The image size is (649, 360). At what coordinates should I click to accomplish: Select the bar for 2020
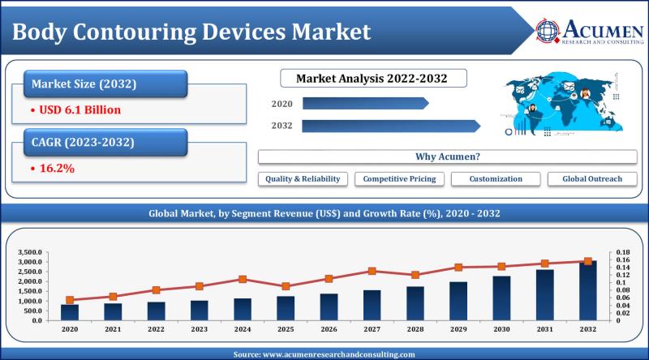pos(70,312)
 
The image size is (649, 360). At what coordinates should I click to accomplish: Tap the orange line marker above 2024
pos(243,279)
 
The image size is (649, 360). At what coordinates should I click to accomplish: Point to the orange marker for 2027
pos(372,271)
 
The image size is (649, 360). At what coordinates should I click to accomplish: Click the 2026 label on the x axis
pos(329,330)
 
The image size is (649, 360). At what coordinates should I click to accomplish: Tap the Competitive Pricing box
pos(398,178)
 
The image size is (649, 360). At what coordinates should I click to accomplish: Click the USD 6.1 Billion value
pos(74,108)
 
